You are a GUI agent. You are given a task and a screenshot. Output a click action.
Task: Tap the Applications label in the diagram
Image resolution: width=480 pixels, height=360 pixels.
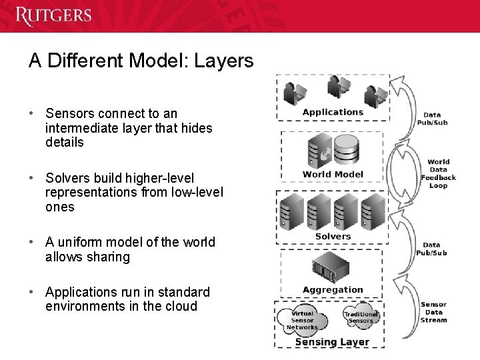coord(333,112)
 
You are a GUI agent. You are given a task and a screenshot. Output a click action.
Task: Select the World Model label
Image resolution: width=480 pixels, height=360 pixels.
coord(333,175)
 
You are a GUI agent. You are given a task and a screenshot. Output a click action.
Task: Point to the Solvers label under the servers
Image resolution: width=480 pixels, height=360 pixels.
coord(333,237)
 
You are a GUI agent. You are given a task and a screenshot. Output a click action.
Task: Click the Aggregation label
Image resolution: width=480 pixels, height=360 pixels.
coord(333,290)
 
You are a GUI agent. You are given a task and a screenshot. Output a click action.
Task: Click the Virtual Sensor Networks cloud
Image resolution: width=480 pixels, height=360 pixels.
coord(302,320)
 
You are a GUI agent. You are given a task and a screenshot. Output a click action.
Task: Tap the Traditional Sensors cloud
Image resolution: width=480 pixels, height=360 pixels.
coord(361,317)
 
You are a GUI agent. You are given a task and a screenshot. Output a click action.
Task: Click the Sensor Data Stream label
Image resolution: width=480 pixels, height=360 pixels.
coord(433,312)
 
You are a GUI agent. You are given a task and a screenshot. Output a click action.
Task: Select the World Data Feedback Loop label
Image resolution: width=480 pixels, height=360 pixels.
coord(439,173)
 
